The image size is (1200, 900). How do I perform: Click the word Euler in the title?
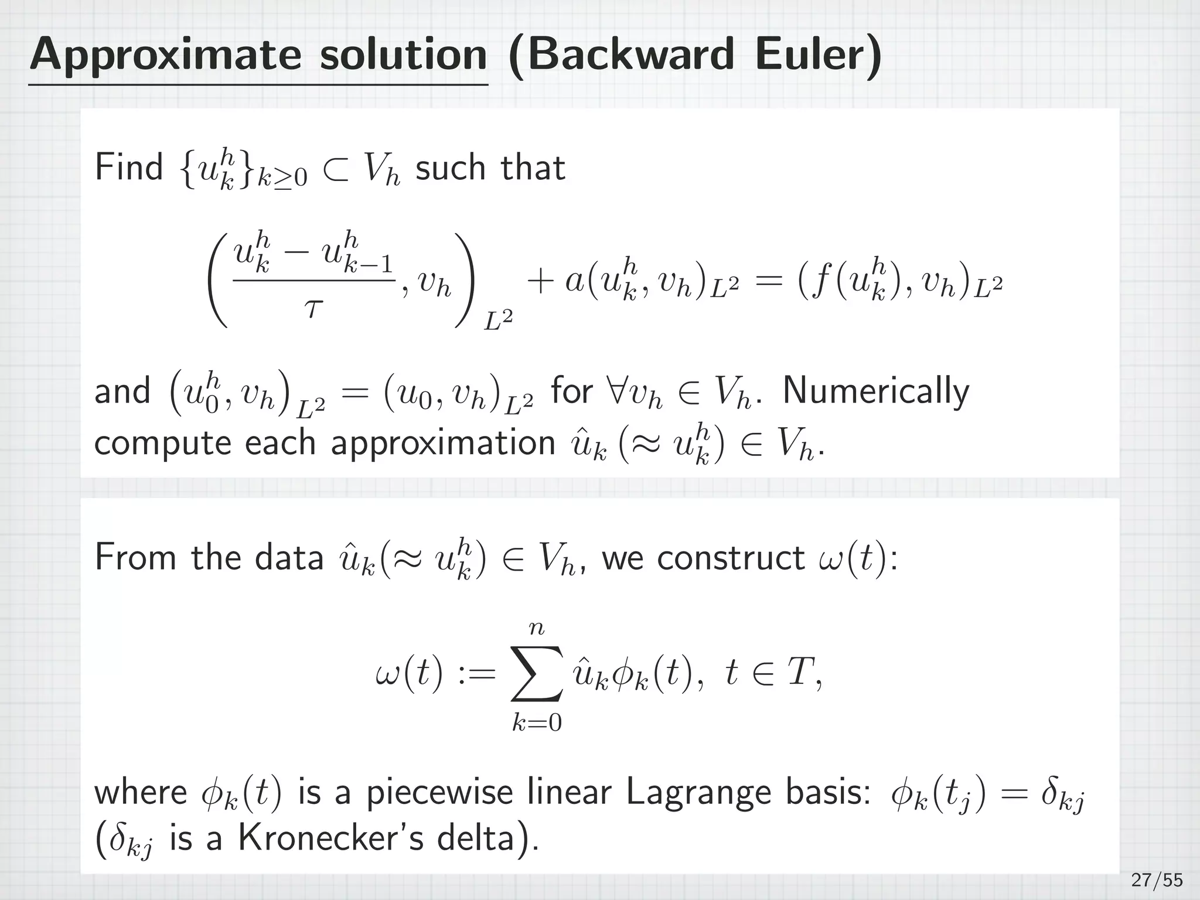811,54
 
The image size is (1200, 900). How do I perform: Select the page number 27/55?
1157,880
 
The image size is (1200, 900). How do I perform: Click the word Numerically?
875,391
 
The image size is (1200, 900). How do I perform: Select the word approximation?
442,442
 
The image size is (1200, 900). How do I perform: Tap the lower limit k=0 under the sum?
536,724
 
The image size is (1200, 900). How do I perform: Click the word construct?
730,557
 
